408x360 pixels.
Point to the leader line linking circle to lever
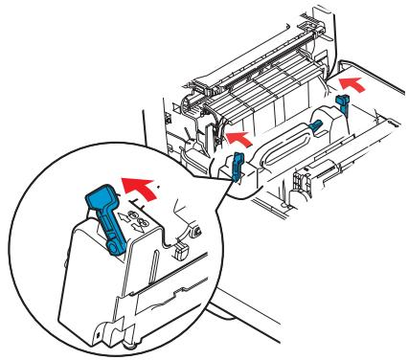(222, 182)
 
